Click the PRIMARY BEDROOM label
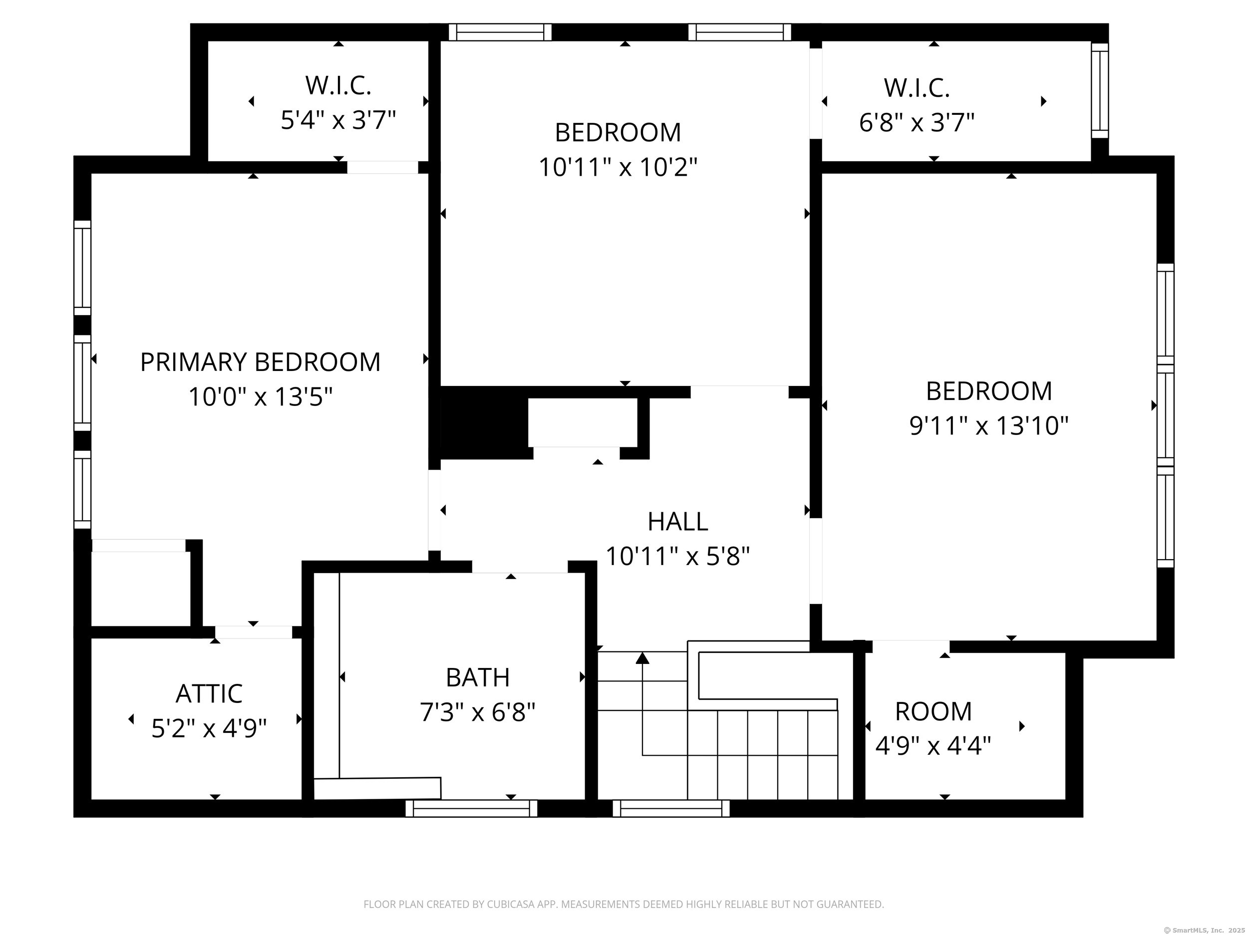click(x=260, y=362)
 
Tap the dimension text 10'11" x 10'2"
click(x=618, y=168)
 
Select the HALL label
click(x=677, y=522)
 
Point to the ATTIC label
click(x=209, y=694)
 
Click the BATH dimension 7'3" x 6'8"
click(x=477, y=712)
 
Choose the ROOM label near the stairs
click(x=933, y=711)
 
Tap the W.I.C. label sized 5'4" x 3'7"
click(x=338, y=85)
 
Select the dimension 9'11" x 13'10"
click(x=988, y=426)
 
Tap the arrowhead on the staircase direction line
click(x=642, y=658)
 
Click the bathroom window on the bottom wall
click(x=471, y=809)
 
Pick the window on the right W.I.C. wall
click(x=1100, y=90)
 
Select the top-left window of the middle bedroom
click(x=500, y=32)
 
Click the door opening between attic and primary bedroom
click(x=253, y=632)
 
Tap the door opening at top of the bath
click(x=519, y=567)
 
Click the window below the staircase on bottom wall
click(x=671, y=809)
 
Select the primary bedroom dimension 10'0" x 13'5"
click(x=260, y=397)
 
